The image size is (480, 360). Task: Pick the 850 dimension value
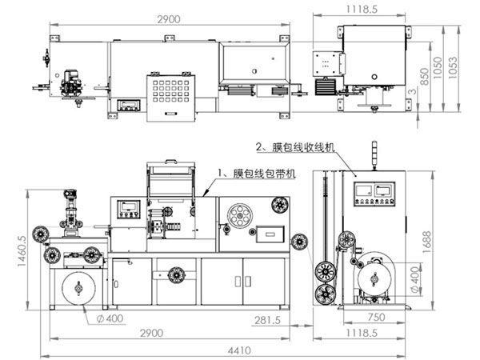click(423, 74)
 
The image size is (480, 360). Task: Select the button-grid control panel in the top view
click(170, 95)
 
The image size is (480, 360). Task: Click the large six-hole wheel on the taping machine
click(238, 215)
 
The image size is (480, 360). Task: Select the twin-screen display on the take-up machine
click(374, 190)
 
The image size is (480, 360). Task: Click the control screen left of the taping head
click(128, 209)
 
